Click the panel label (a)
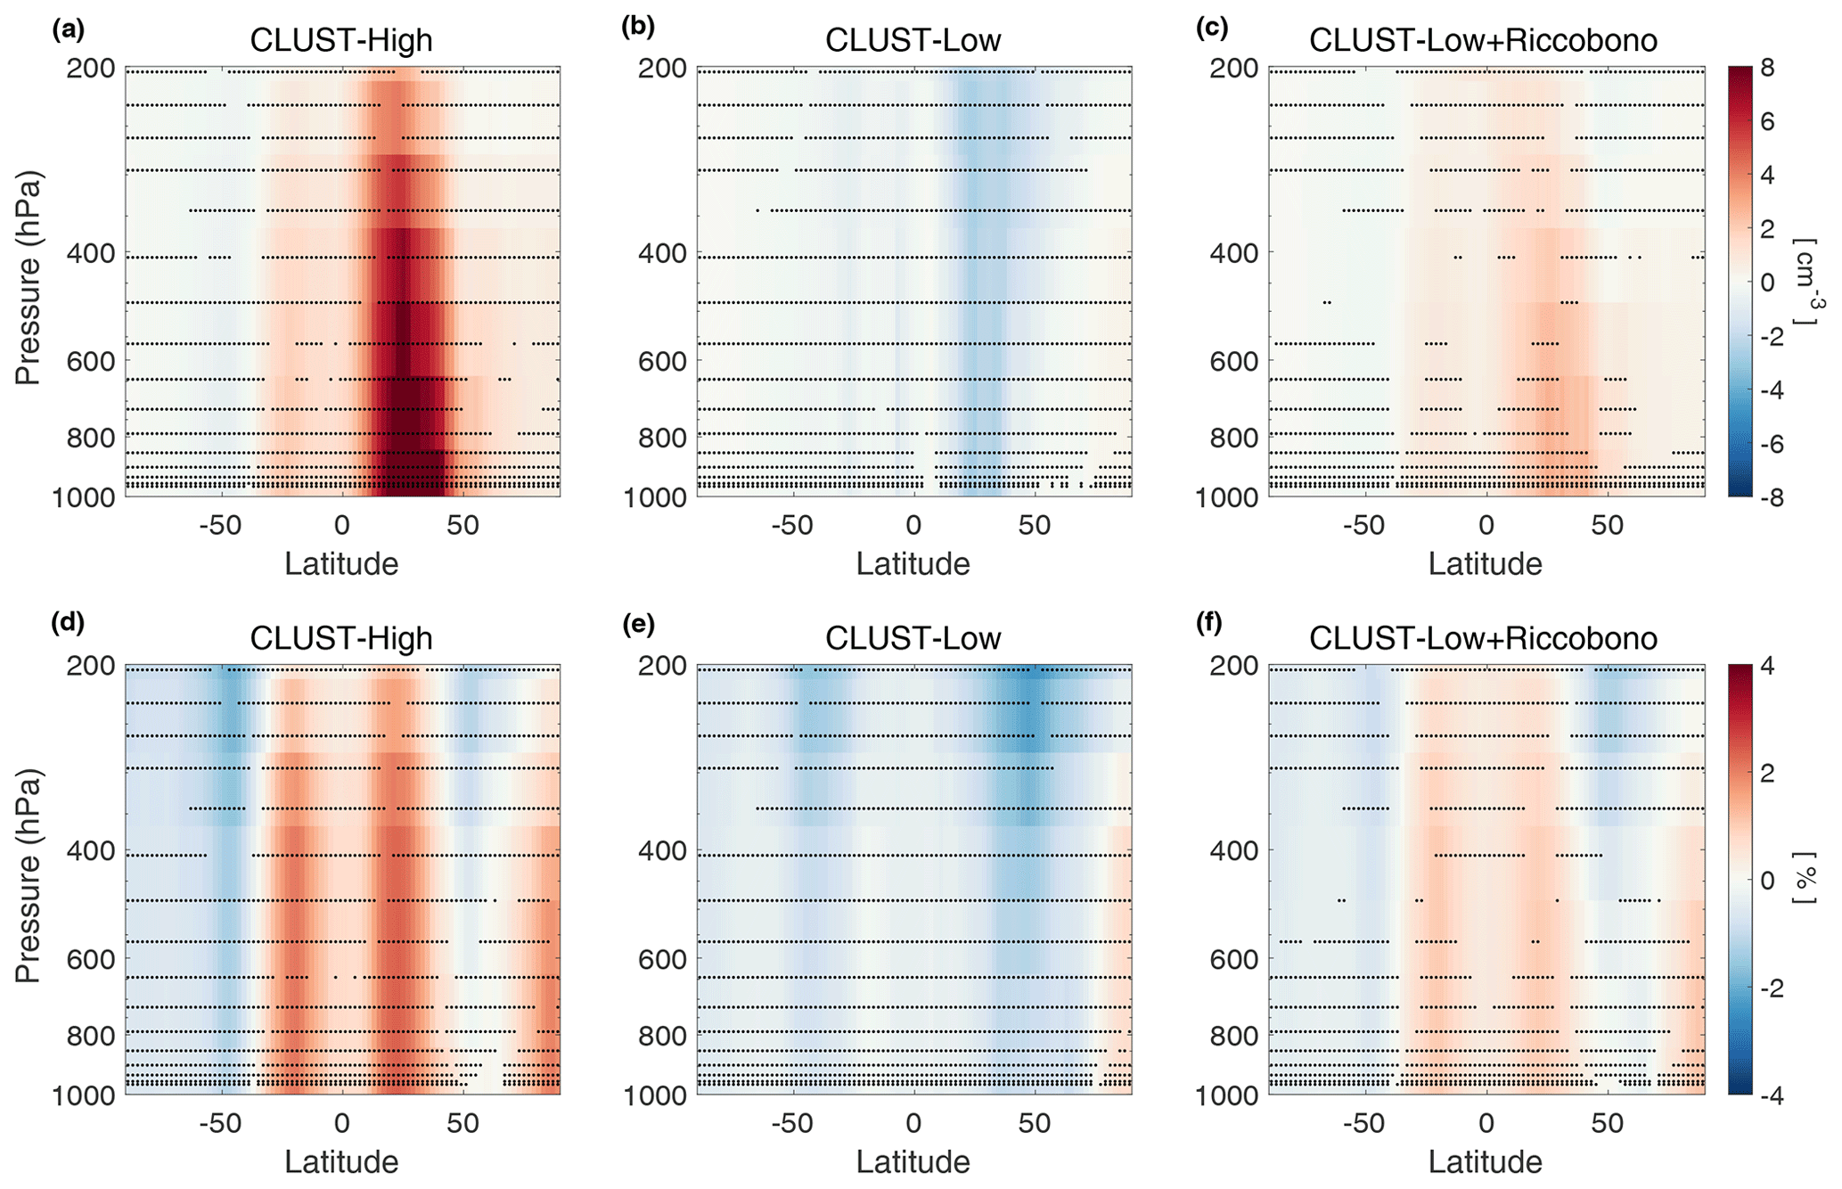click(x=69, y=29)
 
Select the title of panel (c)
click(x=1483, y=40)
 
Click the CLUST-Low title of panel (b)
click(x=913, y=40)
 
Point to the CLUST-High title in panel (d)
click(x=341, y=638)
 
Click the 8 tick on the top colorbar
click(x=1767, y=69)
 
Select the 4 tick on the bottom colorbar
click(x=1767, y=667)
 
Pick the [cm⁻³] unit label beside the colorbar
click(x=1804, y=282)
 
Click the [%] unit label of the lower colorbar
click(x=1804, y=880)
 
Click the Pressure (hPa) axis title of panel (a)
click(x=28, y=278)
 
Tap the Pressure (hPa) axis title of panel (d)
click(x=28, y=877)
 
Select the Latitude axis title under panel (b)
click(x=913, y=563)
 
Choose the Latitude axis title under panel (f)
click(x=1485, y=1161)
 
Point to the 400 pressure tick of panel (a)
click(x=91, y=253)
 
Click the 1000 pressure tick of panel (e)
click(x=655, y=1095)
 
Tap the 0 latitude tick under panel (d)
click(x=342, y=1123)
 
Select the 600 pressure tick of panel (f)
click(x=1234, y=959)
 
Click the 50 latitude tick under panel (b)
click(x=1035, y=525)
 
